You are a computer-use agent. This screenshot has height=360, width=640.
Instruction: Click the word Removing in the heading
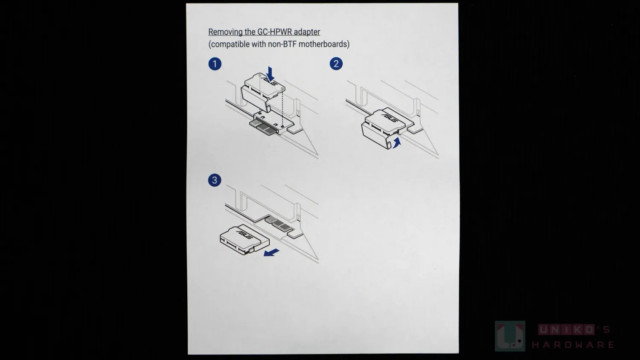pyautogui.click(x=225, y=32)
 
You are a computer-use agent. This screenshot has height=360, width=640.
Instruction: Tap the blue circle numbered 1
pyautogui.click(x=215, y=64)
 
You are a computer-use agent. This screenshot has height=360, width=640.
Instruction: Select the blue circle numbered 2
pyautogui.click(x=336, y=64)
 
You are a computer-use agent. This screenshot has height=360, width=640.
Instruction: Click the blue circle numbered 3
pyautogui.click(x=215, y=180)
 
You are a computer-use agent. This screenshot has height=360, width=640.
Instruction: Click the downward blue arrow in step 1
pyautogui.click(x=270, y=74)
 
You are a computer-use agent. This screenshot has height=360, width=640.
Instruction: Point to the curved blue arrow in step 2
pyautogui.click(x=396, y=142)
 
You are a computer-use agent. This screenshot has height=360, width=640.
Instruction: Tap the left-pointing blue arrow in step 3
pyautogui.click(x=271, y=252)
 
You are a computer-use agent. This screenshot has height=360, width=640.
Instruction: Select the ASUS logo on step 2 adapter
pyautogui.click(x=390, y=118)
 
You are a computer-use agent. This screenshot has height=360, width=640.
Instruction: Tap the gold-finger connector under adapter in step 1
pyautogui.click(x=263, y=127)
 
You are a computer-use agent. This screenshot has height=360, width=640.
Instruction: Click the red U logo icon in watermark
pyautogui.click(x=510, y=336)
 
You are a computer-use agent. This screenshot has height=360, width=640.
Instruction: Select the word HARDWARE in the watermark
pyautogui.click(x=573, y=345)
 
